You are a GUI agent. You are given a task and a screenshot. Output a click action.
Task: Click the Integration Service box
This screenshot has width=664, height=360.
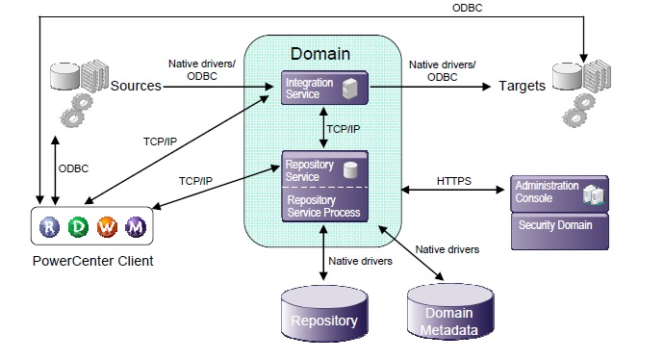point(324,89)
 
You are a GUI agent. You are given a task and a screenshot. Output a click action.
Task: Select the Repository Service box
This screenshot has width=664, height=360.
point(324,168)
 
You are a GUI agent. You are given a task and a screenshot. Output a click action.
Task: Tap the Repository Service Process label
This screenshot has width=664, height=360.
point(322,205)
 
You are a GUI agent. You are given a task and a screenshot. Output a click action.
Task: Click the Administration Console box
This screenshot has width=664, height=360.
point(558,192)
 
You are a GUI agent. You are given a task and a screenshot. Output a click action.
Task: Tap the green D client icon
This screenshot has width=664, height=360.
point(78,226)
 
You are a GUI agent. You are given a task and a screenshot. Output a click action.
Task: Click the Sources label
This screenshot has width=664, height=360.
point(135,87)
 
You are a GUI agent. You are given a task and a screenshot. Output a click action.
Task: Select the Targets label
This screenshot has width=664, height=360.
point(522,86)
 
